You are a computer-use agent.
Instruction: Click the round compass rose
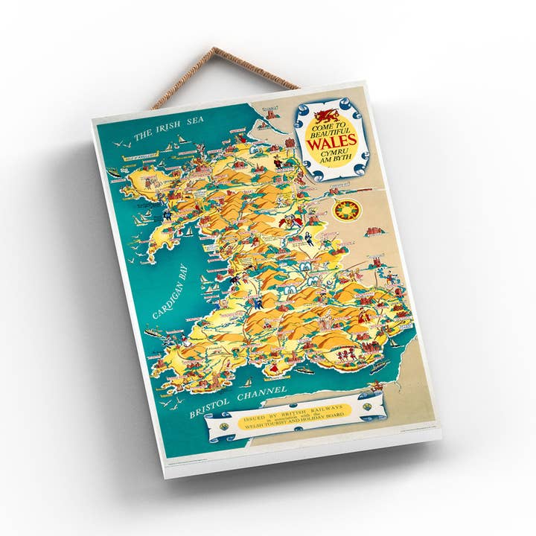pos(347,211)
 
